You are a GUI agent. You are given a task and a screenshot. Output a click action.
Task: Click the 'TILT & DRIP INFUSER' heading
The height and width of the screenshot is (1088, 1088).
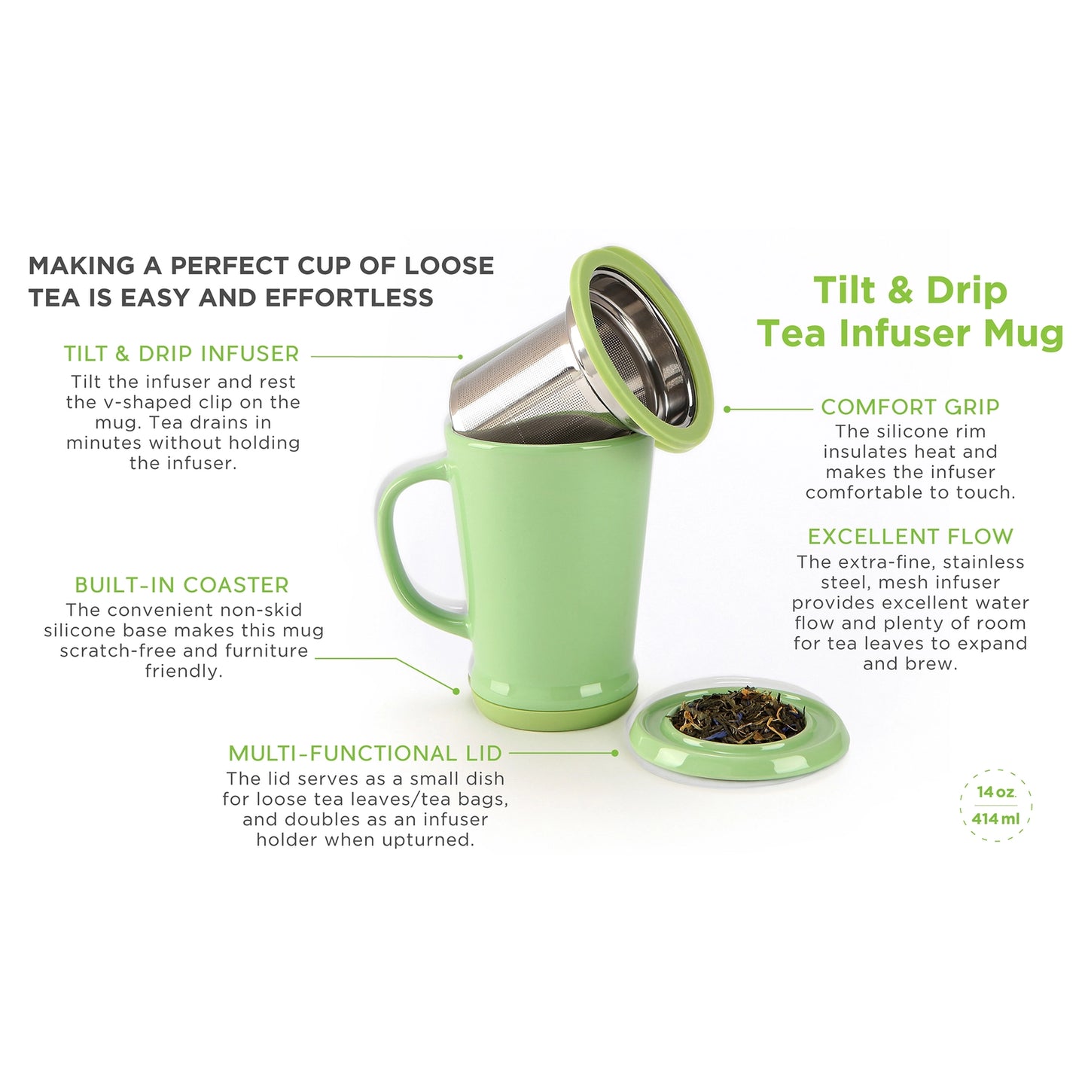tap(181, 354)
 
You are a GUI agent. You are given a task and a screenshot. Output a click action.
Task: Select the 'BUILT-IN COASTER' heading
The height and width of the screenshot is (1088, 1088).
tap(181, 585)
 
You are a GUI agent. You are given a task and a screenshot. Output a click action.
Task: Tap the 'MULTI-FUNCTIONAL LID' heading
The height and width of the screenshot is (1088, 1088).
tap(365, 754)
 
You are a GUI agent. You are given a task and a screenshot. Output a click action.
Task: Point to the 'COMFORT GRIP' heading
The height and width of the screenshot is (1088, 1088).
tap(910, 407)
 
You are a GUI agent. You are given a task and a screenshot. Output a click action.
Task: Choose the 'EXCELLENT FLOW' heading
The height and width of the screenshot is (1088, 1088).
tap(910, 537)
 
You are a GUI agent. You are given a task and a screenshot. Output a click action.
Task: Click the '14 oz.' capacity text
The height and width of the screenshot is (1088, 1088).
tap(995, 792)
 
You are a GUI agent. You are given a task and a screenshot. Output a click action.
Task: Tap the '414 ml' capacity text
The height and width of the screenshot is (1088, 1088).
tap(995, 818)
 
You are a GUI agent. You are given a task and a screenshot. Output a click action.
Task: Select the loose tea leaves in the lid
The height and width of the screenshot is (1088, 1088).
tap(738, 715)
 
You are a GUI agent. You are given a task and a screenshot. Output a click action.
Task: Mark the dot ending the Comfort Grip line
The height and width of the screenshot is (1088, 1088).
tap(727, 409)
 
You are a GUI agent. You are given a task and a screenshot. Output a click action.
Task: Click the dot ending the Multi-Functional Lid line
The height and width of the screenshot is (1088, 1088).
tap(615, 752)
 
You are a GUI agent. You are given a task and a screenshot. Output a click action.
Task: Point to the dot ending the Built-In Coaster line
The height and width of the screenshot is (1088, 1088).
tap(456, 690)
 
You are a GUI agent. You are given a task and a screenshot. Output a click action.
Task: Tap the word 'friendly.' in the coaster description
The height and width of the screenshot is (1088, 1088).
tap(184, 672)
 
